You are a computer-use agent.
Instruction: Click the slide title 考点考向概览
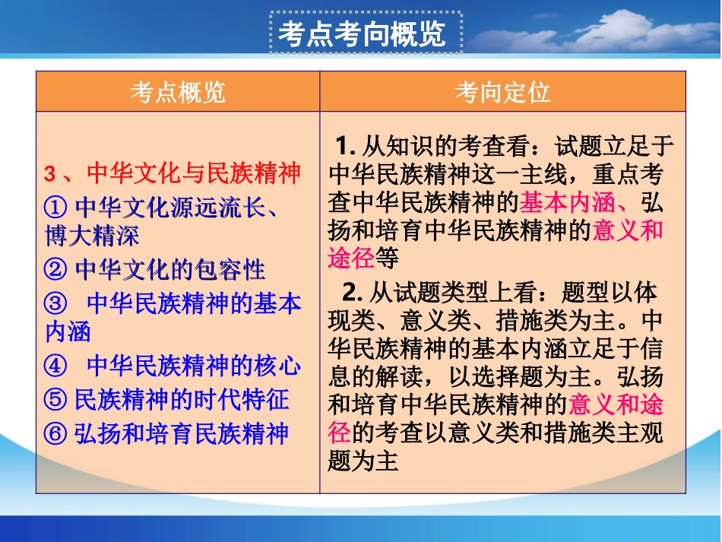[363, 34]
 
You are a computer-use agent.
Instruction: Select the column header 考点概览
[178, 92]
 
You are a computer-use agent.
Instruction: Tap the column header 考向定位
[502, 92]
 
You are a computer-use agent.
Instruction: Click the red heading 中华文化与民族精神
[194, 173]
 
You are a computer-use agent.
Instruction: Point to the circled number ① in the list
[56, 206]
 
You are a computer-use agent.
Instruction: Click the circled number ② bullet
[56, 269]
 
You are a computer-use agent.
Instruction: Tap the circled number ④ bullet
[56, 366]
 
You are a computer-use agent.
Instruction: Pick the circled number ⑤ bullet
[56, 400]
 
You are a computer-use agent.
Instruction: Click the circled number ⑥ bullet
[56, 433]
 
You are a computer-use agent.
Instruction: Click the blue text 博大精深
[93, 236]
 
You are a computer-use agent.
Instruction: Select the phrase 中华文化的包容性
[170, 269]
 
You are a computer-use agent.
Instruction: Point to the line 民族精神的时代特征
[181, 400]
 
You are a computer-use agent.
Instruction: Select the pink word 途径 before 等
[351, 258]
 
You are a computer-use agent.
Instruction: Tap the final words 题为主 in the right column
[363, 461]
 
